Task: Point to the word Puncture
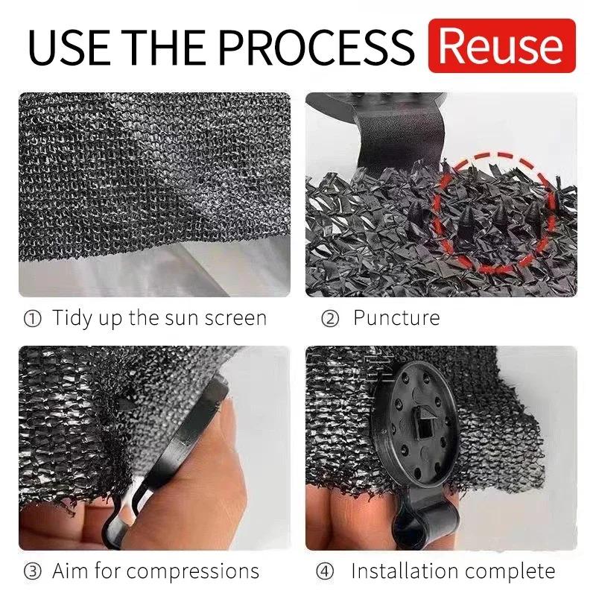click(396, 318)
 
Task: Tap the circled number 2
click(330, 319)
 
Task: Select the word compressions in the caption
click(192, 572)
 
